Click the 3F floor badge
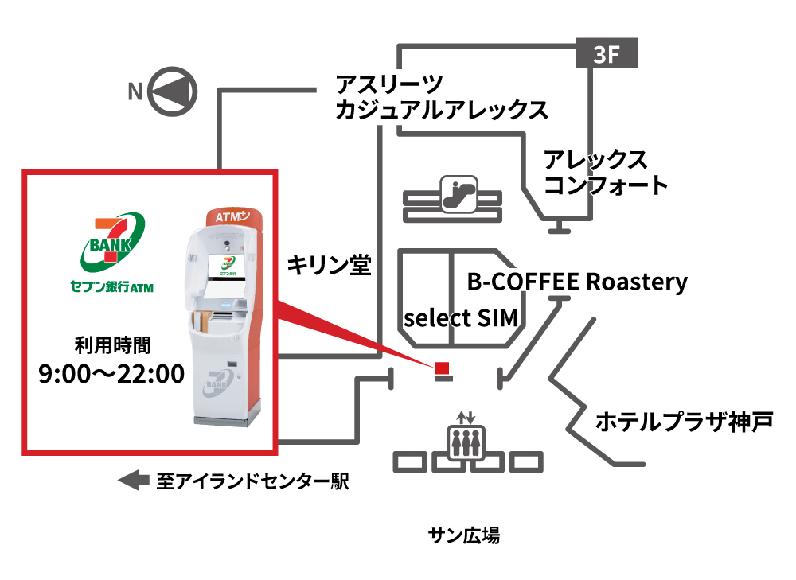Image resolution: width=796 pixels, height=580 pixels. point(607,54)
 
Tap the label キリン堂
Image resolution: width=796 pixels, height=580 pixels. point(329,265)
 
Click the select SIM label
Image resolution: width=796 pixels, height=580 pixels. point(462,318)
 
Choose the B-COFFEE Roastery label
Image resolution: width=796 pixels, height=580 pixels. point(576,282)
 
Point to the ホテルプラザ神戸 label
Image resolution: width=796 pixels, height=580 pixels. point(684,420)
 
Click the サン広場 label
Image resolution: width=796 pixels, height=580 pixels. point(464,535)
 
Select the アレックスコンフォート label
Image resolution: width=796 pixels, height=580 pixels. point(605,173)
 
